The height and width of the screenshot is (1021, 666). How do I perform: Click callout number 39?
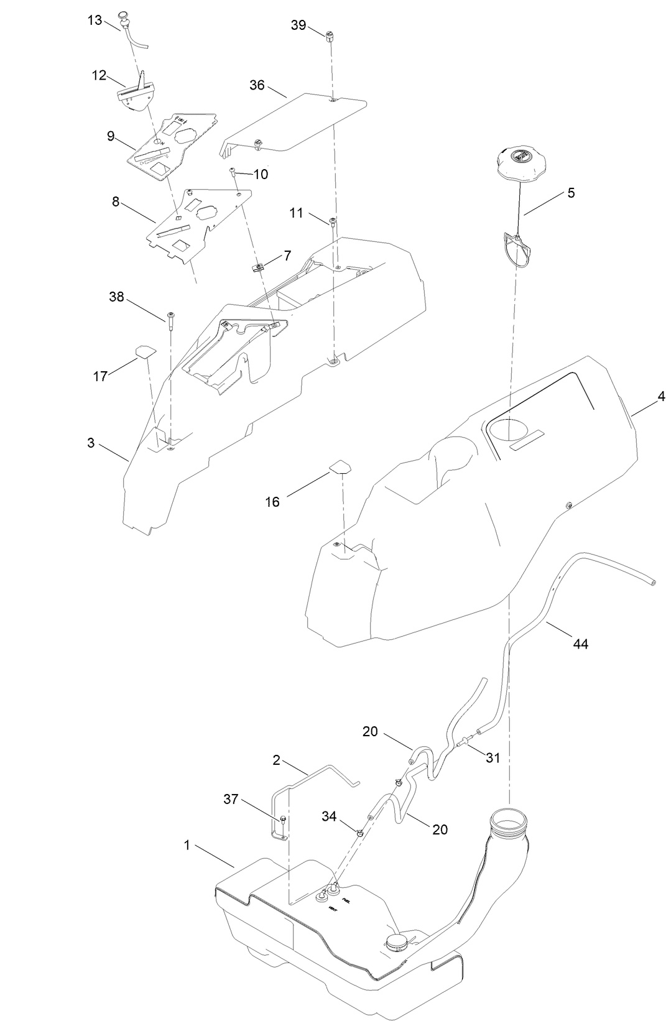(x=298, y=25)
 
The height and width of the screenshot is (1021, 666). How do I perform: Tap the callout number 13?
(x=95, y=20)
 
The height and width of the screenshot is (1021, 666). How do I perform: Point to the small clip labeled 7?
(x=257, y=268)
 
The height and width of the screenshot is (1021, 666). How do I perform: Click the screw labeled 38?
(x=170, y=318)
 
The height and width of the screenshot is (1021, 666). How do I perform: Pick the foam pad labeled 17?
(x=146, y=351)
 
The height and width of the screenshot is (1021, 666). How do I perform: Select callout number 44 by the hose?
(x=580, y=644)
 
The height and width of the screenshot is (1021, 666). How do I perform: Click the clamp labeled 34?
(x=360, y=832)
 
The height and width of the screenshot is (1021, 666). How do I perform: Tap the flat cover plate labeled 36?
(x=298, y=118)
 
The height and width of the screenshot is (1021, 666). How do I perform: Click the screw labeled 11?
(x=333, y=222)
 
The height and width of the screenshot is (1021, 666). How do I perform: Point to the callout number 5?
(x=571, y=193)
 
